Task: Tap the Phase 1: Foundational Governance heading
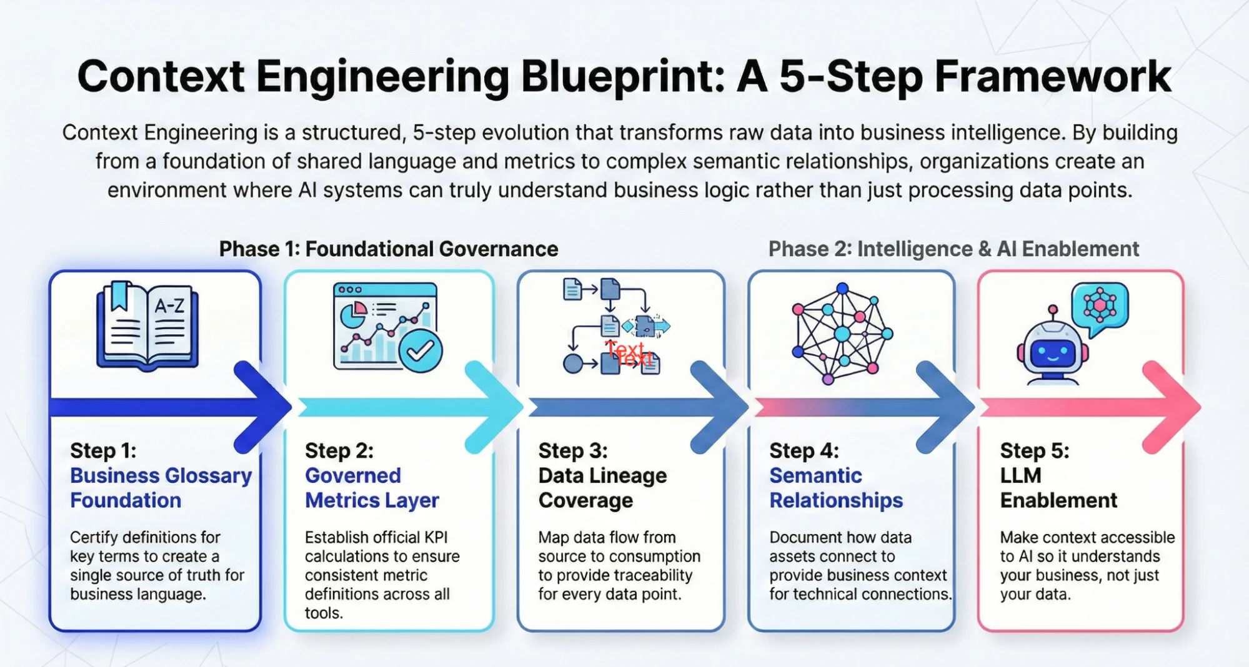point(388,249)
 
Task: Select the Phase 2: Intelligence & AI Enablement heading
point(953,249)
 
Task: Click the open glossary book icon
point(147,325)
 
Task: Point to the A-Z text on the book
point(169,305)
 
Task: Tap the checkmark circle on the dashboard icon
point(420,351)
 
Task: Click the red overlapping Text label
point(629,353)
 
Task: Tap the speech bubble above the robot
point(1100,305)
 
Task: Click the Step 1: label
point(103,450)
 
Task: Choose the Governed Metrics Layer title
point(371,488)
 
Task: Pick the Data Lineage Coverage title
point(602,488)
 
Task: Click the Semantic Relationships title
point(835,488)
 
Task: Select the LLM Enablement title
point(1058,488)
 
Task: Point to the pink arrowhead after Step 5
point(1175,407)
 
